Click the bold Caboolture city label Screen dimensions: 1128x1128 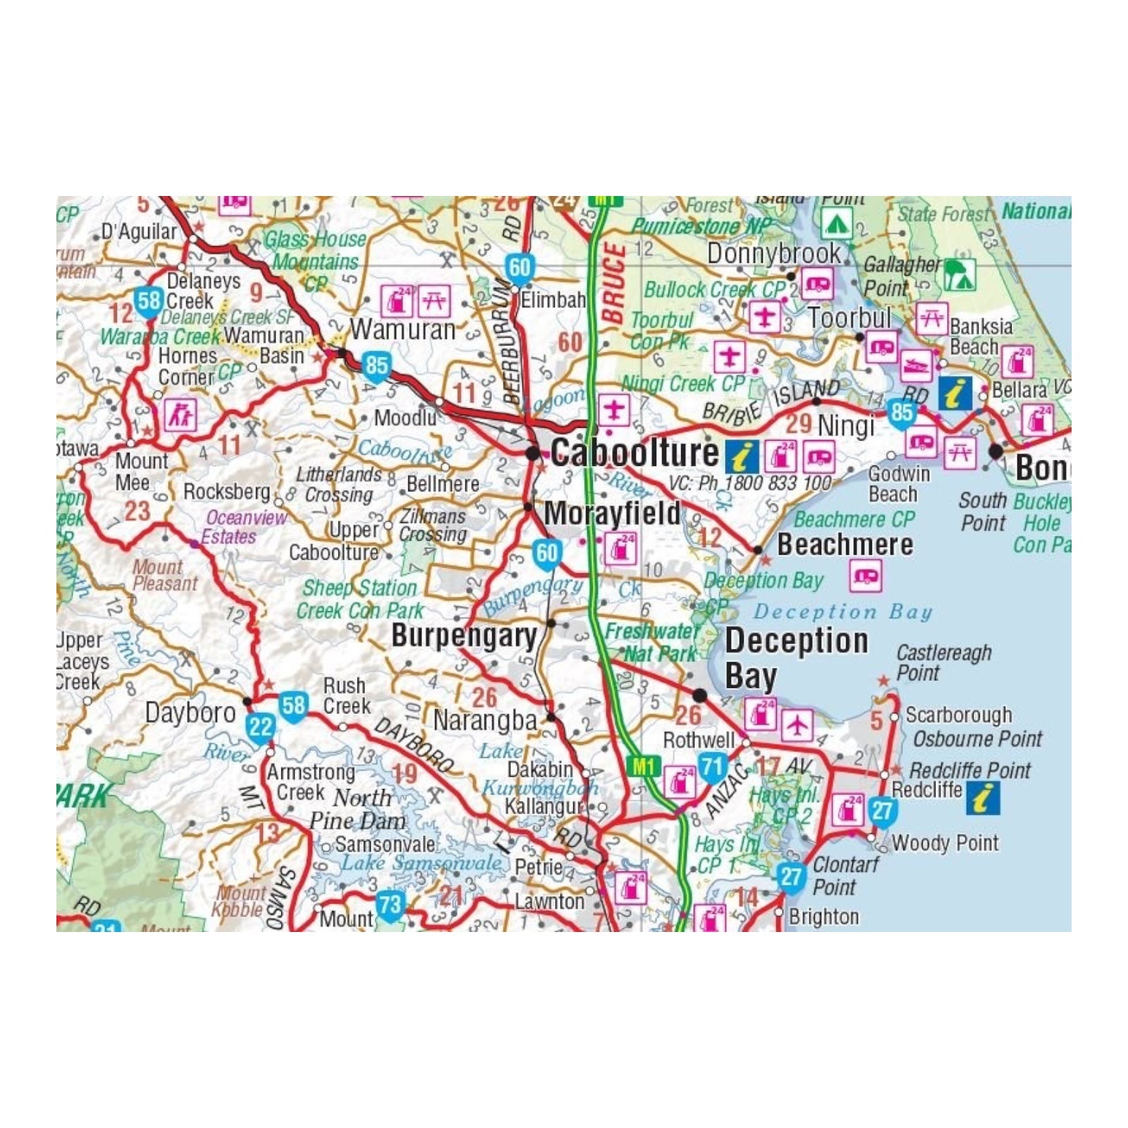point(634,453)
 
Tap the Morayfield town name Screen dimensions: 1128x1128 point(612,513)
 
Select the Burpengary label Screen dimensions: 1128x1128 point(464,636)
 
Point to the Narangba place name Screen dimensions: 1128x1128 point(485,721)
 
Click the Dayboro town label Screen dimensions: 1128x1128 point(190,712)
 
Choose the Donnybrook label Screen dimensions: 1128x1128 point(774,253)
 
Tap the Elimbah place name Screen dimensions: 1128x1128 point(553,300)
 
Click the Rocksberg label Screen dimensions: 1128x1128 point(227,491)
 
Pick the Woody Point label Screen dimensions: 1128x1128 point(945,842)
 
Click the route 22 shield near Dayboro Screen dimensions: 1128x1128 point(261,726)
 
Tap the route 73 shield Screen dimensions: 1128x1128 point(389,905)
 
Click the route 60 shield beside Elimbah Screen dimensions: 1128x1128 point(520,267)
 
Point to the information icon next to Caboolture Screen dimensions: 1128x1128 point(742,457)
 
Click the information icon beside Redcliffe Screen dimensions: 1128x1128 point(983,799)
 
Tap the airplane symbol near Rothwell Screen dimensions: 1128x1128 point(797,725)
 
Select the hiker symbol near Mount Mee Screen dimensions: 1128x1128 point(180,415)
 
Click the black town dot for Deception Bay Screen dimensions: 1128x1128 point(699,696)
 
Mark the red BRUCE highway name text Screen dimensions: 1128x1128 point(613,283)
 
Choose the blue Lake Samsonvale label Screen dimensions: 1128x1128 point(421,862)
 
